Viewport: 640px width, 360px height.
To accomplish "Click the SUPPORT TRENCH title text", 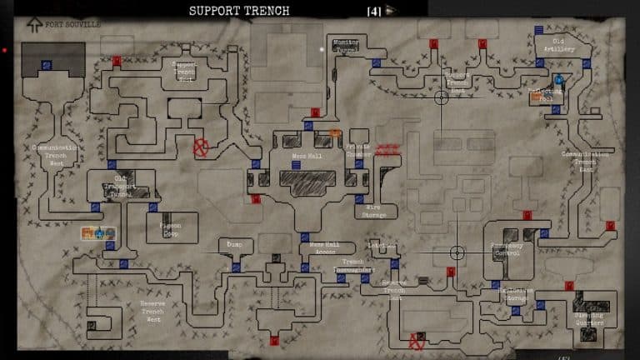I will (239, 11).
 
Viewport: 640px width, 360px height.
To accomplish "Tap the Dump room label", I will (234, 244).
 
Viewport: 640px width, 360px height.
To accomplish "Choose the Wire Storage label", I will (374, 211).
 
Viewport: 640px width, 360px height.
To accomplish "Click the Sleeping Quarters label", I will (588, 319).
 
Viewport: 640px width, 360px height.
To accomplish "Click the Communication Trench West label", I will (56, 155).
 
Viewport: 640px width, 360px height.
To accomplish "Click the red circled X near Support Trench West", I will (201, 147).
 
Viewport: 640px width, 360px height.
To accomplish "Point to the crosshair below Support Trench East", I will (442, 98).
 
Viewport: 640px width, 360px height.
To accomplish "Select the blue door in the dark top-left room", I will (46, 64).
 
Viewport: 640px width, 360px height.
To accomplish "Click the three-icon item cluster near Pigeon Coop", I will (97, 233).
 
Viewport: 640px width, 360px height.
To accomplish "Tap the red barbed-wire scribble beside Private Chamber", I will (387, 151).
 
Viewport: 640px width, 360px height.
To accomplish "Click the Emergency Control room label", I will (507, 248).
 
